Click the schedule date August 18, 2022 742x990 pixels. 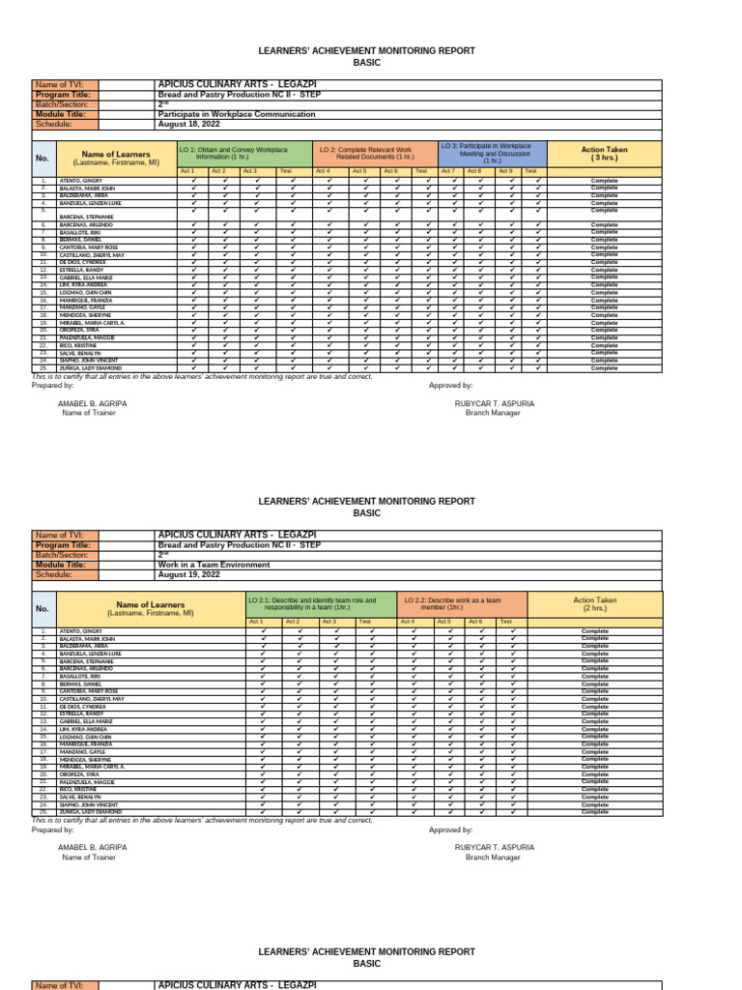(x=185, y=125)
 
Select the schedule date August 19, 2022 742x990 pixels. (x=185, y=574)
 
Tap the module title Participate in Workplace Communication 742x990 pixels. (x=237, y=114)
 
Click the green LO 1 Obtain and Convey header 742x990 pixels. (x=245, y=154)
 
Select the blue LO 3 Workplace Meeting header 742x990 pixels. (x=493, y=153)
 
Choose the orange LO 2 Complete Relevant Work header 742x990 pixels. (x=376, y=154)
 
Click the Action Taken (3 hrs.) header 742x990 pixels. (x=605, y=154)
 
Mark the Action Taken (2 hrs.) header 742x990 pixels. (x=605, y=604)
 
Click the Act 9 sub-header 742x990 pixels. (x=505, y=171)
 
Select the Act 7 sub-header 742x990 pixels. (x=447, y=171)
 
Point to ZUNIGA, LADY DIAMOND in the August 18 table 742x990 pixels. (x=91, y=368)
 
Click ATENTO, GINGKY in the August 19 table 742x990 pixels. (x=82, y=630)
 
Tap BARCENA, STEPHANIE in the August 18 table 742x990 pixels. (x=87, y=217)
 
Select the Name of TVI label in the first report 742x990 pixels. (x=59, y=85)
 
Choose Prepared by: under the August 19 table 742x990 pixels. (x=53, y=830)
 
